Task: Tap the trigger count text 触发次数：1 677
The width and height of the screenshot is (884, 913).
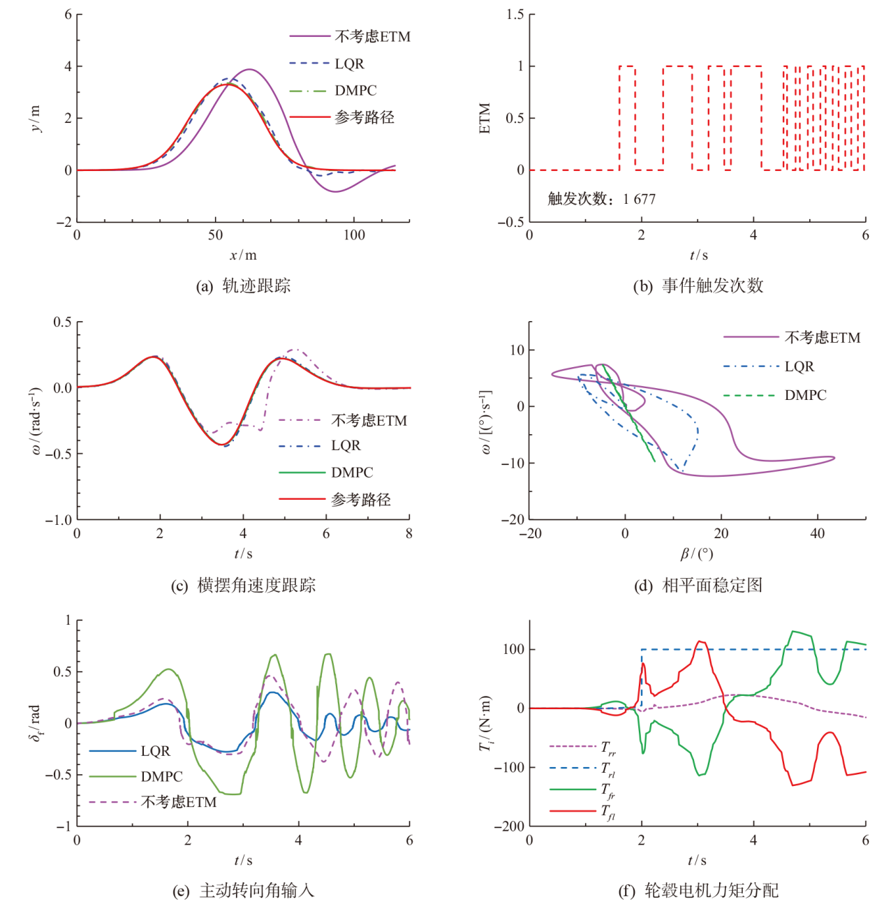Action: [x=601, y=199]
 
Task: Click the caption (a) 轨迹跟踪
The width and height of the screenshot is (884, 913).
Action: [x=243, y=285]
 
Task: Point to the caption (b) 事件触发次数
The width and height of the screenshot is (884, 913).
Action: [x=698, y=285]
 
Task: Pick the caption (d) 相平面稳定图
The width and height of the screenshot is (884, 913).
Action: [x=698, y=585]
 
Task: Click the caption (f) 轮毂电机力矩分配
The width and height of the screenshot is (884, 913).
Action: [x=698, y=890]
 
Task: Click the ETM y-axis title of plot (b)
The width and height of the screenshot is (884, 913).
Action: [x=485, y=118]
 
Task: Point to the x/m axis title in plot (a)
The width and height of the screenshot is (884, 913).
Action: [x=243, y=255]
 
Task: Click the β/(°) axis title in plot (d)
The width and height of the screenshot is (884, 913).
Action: [x=696, y=554]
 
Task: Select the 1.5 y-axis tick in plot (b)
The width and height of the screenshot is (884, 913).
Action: [x=515, y=15]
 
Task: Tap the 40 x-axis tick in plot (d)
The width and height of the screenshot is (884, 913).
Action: [x=817, y=534]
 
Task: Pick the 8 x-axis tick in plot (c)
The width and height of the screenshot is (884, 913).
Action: [x=409, y=534]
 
